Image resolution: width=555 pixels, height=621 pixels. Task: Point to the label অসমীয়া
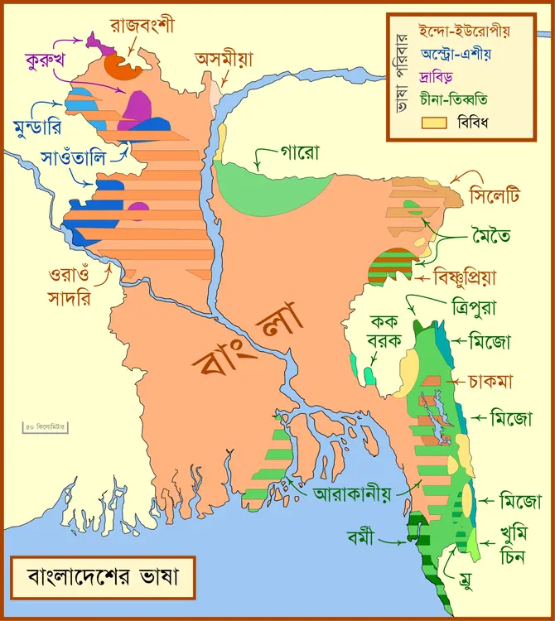(224, 59)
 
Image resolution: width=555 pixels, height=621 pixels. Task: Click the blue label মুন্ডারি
(36, 127)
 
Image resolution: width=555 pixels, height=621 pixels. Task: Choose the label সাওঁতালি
(80, 157)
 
